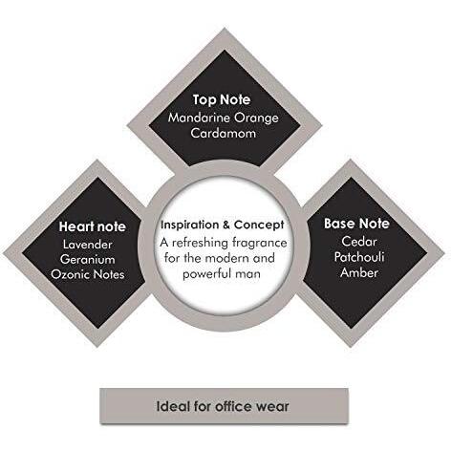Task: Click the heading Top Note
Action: click(222, 99)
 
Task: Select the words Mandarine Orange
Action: click(224, 118)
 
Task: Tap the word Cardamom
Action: click(224, 133)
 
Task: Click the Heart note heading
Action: click(93, 226)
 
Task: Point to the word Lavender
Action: click(88, 245)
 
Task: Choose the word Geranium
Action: click(88, 259)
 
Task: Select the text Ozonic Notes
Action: click(88, 274)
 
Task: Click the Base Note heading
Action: click(356, 224)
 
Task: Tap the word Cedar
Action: click(359, 242)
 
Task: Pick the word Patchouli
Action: click(359, 257)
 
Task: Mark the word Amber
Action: click(359, 272)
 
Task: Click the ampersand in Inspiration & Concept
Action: click(226, 225)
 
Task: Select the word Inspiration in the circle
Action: click(190, 225)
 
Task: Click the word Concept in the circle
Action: click(259, 225)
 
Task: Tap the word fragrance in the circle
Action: click(259, 243)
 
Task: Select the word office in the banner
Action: click(233, 406)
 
